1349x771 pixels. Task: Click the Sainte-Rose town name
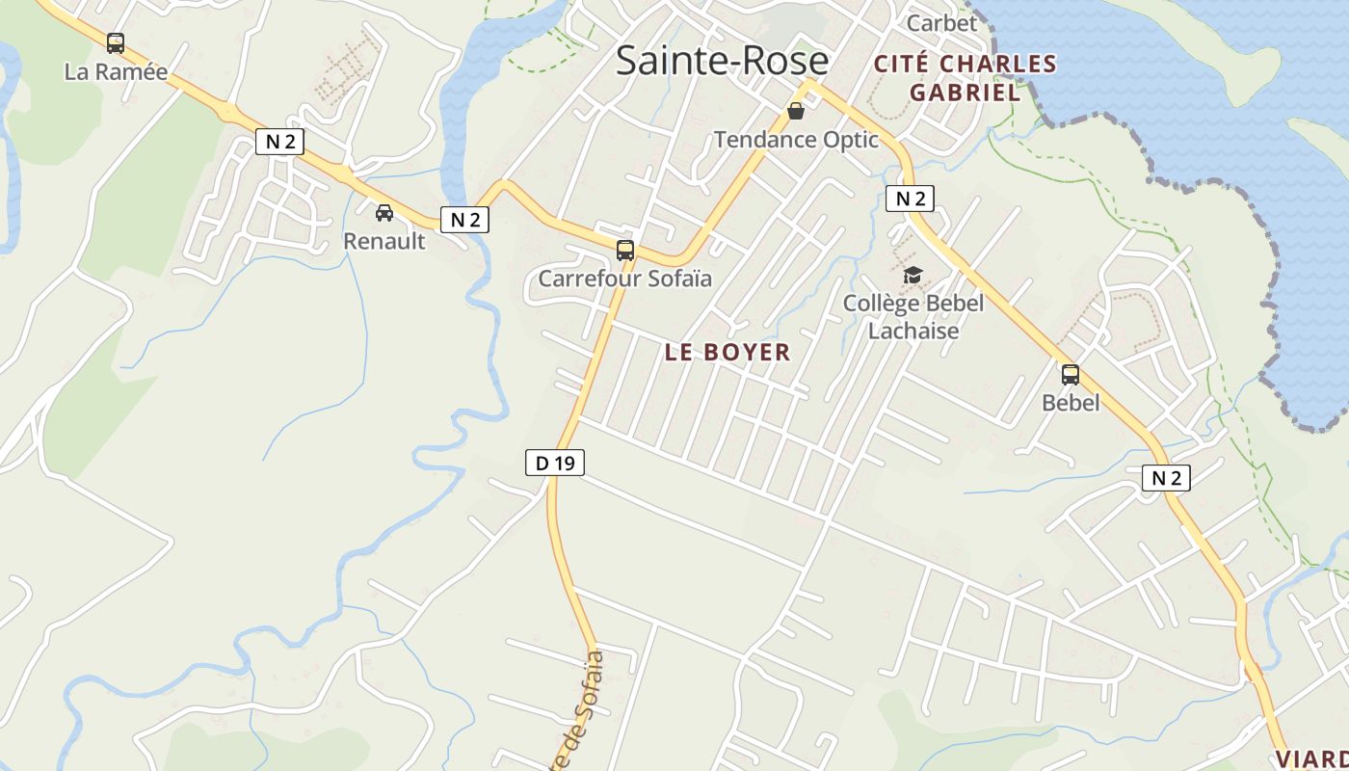tap(722, 61)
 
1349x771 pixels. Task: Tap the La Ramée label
tap(116, 71)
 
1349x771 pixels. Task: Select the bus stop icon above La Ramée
tap(116, 43)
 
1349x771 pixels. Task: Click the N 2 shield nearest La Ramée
tap(279, 142)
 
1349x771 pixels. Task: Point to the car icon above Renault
tap(384, 212)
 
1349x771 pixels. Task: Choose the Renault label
tap(384, 241)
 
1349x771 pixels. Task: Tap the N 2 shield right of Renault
tap(465, 220)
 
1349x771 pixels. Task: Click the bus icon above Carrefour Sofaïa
tap(625, 251)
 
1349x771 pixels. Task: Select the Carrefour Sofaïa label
tap(624, 279)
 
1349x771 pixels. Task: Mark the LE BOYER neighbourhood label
tap(727, 352)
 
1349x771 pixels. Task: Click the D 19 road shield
tap(555, 463)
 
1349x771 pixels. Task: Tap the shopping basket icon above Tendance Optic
tap(796, 111)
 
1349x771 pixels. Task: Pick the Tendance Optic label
tap(796, 140)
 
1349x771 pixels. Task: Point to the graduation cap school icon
tap(913, 276)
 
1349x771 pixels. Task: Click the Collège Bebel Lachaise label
tap(913, 317)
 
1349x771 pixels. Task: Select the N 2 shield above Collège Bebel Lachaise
tap(910, 199)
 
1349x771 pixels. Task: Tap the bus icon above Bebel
tap(1071, 375)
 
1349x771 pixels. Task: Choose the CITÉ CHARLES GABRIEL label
tap(965, 78)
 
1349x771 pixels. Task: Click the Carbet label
tap(941, 22)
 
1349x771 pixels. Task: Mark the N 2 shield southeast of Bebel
tap(1166, 477)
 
